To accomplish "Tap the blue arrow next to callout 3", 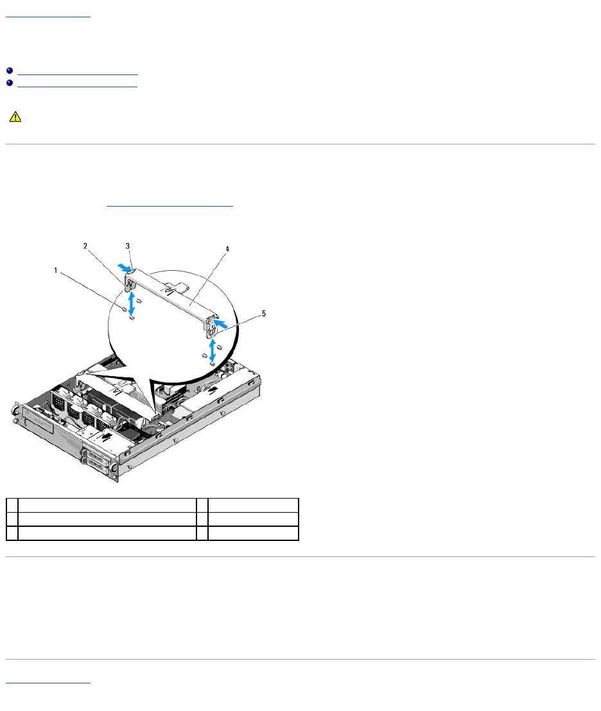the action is click(x=123, y=262).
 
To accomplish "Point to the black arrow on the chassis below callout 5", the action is click(x=212, y=388).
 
